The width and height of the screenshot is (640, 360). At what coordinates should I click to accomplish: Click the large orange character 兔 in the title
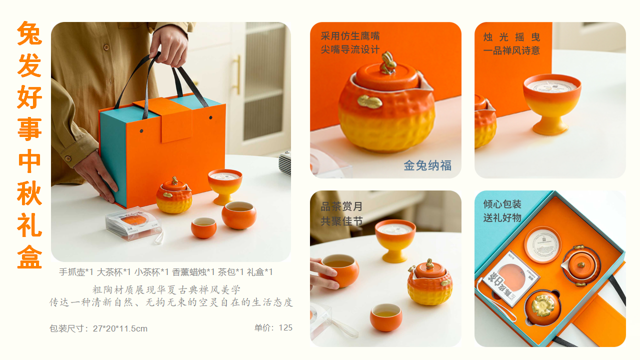pyautogui.click(x=29, y=33)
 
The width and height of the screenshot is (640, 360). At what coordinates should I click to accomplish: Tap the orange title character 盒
pyautogui.click(x=29, y=256)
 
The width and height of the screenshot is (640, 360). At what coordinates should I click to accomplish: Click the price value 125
pyautogui.click(x=285, y=327)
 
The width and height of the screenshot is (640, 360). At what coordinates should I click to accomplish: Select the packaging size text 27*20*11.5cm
pyautogui.click(x=120, y=328)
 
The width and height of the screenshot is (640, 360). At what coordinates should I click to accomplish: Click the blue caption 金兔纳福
pyautogui.click(x=427, y=165)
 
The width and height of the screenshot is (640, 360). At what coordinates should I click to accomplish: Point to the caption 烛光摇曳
pyautogui.click(x=511, y=37)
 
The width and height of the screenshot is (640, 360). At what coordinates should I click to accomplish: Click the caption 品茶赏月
pyautogui.click(x=341, y=206)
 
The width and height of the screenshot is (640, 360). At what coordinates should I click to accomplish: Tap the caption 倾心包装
pyautogui.click(x=502, y=204)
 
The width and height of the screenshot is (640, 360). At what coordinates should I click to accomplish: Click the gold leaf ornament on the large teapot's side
pyautogui.click(x=369, y=101)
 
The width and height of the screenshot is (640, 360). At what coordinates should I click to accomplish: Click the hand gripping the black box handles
pyautogui.click(x=169, y=45)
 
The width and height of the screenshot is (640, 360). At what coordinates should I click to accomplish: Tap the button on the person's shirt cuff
pyautogui.click(x=68, y=158)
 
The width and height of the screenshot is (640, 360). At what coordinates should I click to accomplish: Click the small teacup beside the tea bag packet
pyautogui.click(x=203, y=227)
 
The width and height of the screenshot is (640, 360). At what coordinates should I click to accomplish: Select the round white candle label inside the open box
pyautogui.click(x=542, y=244)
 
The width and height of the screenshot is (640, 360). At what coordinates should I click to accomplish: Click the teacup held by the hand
pyautogui.click(x=340, y=270)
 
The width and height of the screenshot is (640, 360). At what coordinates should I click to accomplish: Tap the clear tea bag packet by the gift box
pyautogui.click(x=133, y=223)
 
